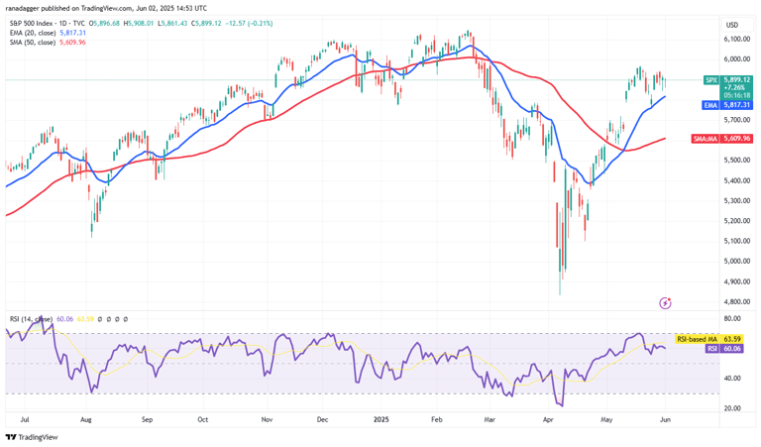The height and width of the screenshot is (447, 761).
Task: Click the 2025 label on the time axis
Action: pyautogui.click(x=381, y=419)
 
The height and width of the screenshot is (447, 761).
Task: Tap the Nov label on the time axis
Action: pyautogui.click(x=267, y=419)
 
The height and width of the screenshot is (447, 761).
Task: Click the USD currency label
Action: pyautogui.click(x=732, y=25)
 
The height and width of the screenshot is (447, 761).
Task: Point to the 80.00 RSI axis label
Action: pyautogui.click(x=732, y=319)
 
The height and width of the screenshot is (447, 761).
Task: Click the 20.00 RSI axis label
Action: pyautogui.click(x=732, y=408)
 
